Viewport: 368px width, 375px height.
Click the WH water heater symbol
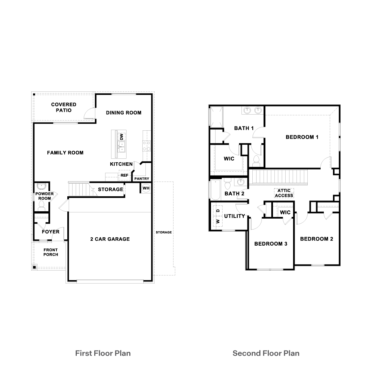coord(146,188)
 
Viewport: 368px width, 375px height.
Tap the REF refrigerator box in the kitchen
coord(124,175)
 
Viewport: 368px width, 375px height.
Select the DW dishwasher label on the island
coord(122,137)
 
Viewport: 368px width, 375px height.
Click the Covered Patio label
coord(63,107)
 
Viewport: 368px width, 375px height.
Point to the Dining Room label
coord(124,112)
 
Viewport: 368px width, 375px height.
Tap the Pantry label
coord(142,179)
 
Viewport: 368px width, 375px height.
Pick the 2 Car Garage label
coord(110,239)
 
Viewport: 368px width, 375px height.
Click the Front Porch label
coord(51,252)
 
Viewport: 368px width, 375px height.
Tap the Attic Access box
coord(284,193)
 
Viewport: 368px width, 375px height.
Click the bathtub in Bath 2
coord(216,190)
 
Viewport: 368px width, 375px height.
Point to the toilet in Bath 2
coord(227,184)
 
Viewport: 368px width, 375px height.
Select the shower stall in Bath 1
coord(216,117)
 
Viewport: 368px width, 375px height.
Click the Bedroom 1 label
coord(302,137)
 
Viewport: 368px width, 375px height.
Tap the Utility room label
coord(234,216)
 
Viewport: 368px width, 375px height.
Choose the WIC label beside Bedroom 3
coord(285,212)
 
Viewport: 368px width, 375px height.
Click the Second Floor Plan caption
coord(266,353)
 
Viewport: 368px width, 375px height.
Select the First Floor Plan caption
coord(103,353)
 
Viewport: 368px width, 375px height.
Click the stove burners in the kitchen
coord(146,146)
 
